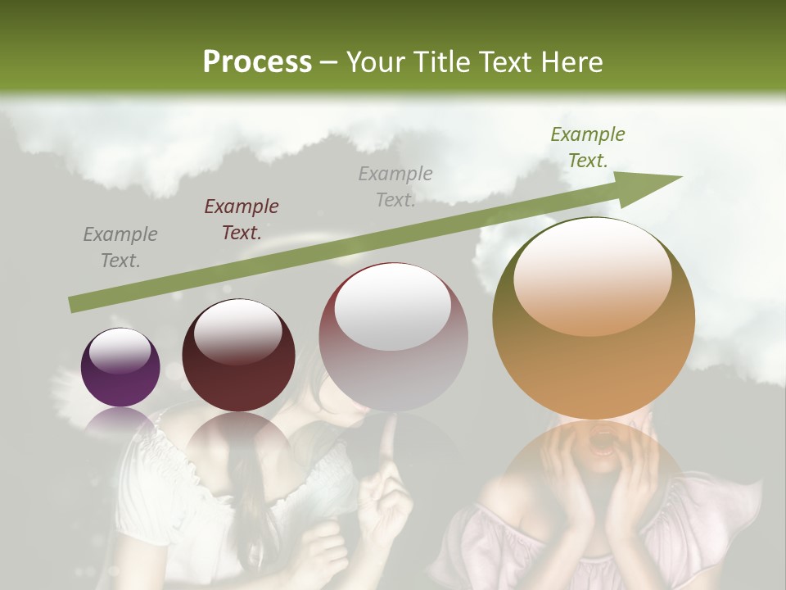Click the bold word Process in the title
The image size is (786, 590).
pos(257,61)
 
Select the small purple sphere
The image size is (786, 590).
pos(120,367)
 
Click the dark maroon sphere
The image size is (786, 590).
pos(238,355)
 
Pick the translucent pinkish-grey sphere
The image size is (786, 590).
pos(393,338)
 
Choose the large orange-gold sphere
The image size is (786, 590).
pos(594,318)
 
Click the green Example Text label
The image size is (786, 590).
pos(587,147)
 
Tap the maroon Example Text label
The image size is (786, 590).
pos(241,219)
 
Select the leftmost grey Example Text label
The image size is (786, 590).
pos(120,247)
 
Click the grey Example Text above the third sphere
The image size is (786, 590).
pos(395,186)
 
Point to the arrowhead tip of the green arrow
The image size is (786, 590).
pos(680,176)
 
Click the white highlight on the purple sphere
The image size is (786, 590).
pos(120,351)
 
